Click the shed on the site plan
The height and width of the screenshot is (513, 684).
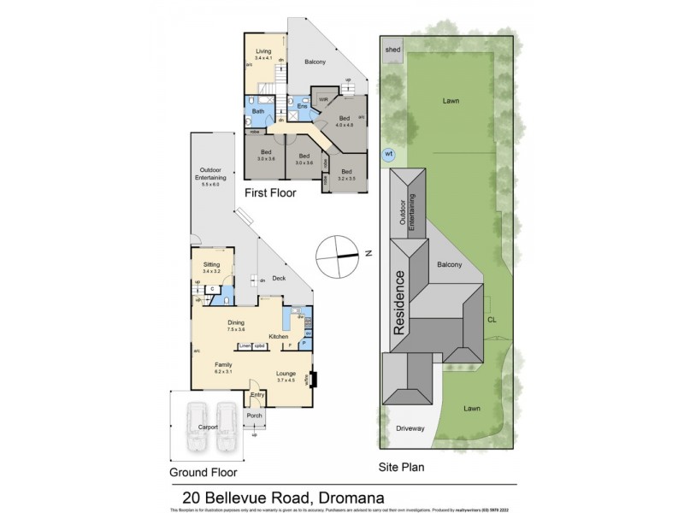click(x=392, y=49)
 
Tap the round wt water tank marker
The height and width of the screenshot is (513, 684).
click(x=389, y=154)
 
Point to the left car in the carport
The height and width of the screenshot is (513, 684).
click(x=196, y=425)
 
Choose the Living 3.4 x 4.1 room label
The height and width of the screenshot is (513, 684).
click(x=263, y=54)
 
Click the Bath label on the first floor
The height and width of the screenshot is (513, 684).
click(x=257, y=111)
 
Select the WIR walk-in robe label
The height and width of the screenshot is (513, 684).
click(x=323, y=100)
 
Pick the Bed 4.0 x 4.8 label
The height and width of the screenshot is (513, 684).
click(x=345, y=121)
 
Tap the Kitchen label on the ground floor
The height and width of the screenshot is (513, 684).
click(x=279, y=337)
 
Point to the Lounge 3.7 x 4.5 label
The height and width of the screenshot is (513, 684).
click(x=286, y=376)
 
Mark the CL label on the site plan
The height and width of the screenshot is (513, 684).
click(x=492, y=321)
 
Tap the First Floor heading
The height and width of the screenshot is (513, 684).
click(x=270, y=193)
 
